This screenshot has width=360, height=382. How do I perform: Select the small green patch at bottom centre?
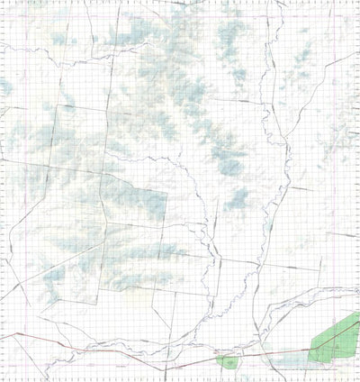pyautogui.click(x=230, y=361)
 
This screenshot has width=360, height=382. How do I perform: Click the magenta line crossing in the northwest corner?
pyautogui.click(x=7, y=13)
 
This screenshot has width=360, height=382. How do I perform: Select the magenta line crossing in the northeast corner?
pyautogui.click(x=353, y=13)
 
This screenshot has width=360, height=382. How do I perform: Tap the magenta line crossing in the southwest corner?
pyautogui.click(x=7, y=368)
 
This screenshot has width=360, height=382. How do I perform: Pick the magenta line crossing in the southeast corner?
pyautogui.click(x=353, y=368)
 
